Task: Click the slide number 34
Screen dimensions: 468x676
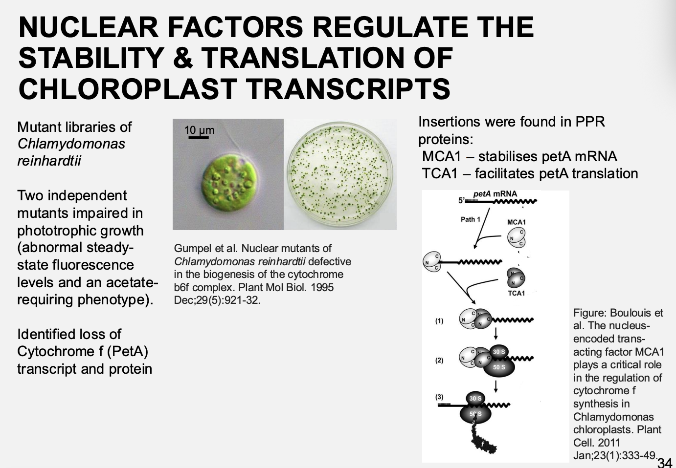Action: (x=665, y=462)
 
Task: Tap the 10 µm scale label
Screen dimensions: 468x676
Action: (x=199, y=130)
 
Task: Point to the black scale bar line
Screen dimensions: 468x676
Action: (x=198, y=137)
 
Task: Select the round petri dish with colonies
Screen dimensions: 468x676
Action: (x=340, y=174)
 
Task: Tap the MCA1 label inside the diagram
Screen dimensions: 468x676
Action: (x=516, y=222)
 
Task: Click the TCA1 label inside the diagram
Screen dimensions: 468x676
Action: (x=516, y=293)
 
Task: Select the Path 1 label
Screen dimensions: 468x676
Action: (x=471, y=219)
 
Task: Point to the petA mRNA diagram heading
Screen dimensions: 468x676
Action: (x=495, y=194)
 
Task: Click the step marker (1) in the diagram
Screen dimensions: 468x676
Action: (x=439, y=321)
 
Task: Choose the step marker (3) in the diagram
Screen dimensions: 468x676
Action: (x=439, y=397)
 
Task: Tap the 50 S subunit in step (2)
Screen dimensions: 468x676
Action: (x=499, y=367)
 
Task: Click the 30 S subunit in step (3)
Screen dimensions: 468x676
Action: (x=475, y=398)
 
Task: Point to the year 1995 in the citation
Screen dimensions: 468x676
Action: (x=322, y=287)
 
